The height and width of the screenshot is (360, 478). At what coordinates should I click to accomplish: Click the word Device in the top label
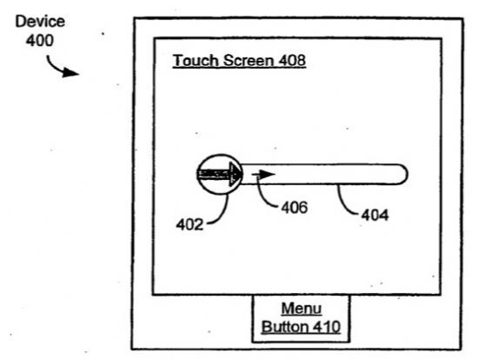pyautogui.click(x=40, y=22)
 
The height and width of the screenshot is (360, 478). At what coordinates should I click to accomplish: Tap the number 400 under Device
pyautogui.click(x=40, y=40)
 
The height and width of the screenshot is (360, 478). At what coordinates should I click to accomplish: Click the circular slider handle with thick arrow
pyautogui.click(x=220, y=174)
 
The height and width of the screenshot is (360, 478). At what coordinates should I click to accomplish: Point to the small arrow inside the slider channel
pyautogui.click(x=263, y=175)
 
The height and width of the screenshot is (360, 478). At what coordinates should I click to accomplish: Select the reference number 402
pyautogui.click(x=189, y=225)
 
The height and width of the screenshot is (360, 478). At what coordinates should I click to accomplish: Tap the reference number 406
pyautogui.click(x=294, y=208)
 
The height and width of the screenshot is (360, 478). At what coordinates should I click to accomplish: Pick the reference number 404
pyautogui.click(x=375, y=216)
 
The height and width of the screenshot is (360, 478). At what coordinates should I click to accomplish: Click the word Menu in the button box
pyautogui.click(x=302, y=309)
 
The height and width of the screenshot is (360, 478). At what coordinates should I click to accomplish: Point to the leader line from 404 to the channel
pyautogui.click(x=343, y=203)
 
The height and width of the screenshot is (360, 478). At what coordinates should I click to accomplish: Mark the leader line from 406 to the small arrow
pyautogui.click(x=262, y=197)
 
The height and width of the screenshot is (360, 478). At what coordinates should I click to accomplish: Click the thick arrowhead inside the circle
pyautogui.click(x=236, y=174)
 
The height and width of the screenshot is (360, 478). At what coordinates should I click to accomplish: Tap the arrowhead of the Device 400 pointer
pyautogui.click(x=70, y=73)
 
